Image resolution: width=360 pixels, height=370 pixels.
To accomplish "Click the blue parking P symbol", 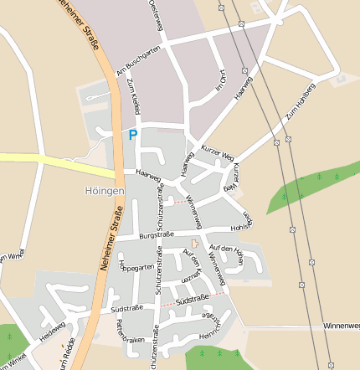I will pyautogui.click(x=132, y=134).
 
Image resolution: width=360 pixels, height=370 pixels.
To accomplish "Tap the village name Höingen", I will pyautogui.click(x=105, y=191).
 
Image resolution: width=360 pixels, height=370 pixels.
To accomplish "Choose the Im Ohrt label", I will pyautogui.click(x=221, y=81).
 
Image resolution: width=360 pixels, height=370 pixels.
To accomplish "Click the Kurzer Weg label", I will pyautogui.click(x=217, y=150).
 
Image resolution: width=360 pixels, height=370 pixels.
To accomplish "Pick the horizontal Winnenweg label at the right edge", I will pyautogui.click(x=340, y=325).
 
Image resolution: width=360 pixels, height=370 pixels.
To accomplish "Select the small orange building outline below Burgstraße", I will pyautogui.click(x=196, y=244).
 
